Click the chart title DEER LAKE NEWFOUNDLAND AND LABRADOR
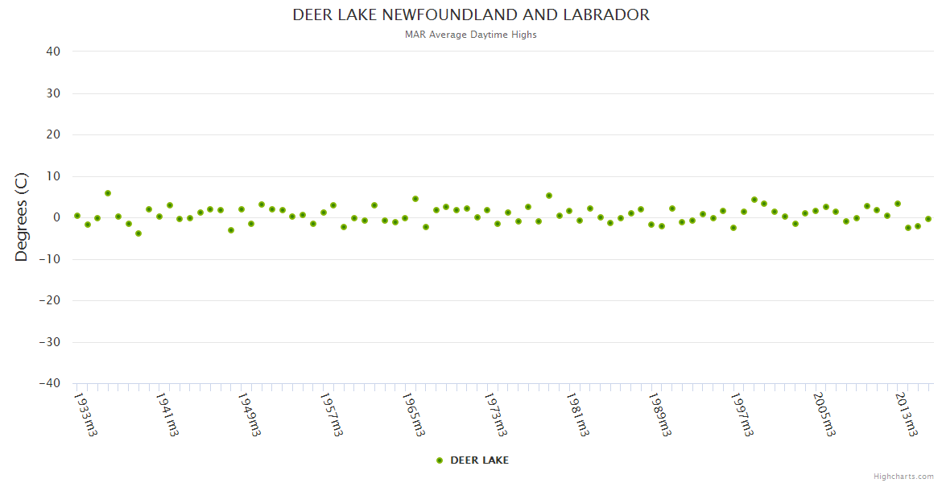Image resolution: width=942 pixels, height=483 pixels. [x=471, y=15]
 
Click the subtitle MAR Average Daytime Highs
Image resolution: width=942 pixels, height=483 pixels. [x=471, y=35]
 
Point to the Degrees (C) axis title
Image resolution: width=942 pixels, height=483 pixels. [x=22, y=217]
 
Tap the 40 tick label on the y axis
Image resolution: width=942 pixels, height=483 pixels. [x=53, y=52]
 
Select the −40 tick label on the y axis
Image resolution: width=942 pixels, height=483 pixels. [x=49, y=384]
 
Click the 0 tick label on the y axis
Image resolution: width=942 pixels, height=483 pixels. [x=56, y=217]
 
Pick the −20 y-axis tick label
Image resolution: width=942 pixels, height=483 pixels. [x=49, y=301]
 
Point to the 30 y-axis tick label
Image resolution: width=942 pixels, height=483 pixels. [x=53, y=93]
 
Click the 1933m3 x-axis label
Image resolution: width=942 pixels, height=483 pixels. [x=85, y=415]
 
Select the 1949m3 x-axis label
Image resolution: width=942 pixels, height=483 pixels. [x=249, y=415]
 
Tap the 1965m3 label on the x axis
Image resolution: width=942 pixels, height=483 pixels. [x=413, y=415]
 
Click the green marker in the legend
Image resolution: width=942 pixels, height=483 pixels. [x=440, y=460]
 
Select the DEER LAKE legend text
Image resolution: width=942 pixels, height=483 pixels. [x=479, y=460]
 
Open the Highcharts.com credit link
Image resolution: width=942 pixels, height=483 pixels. [x=903, y=477]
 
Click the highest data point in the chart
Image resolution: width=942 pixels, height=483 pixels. [x=108, y=193]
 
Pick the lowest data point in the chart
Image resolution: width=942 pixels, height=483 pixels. [x=138, y=233]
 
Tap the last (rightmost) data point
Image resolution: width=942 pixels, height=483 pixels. [x=928, y=219]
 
